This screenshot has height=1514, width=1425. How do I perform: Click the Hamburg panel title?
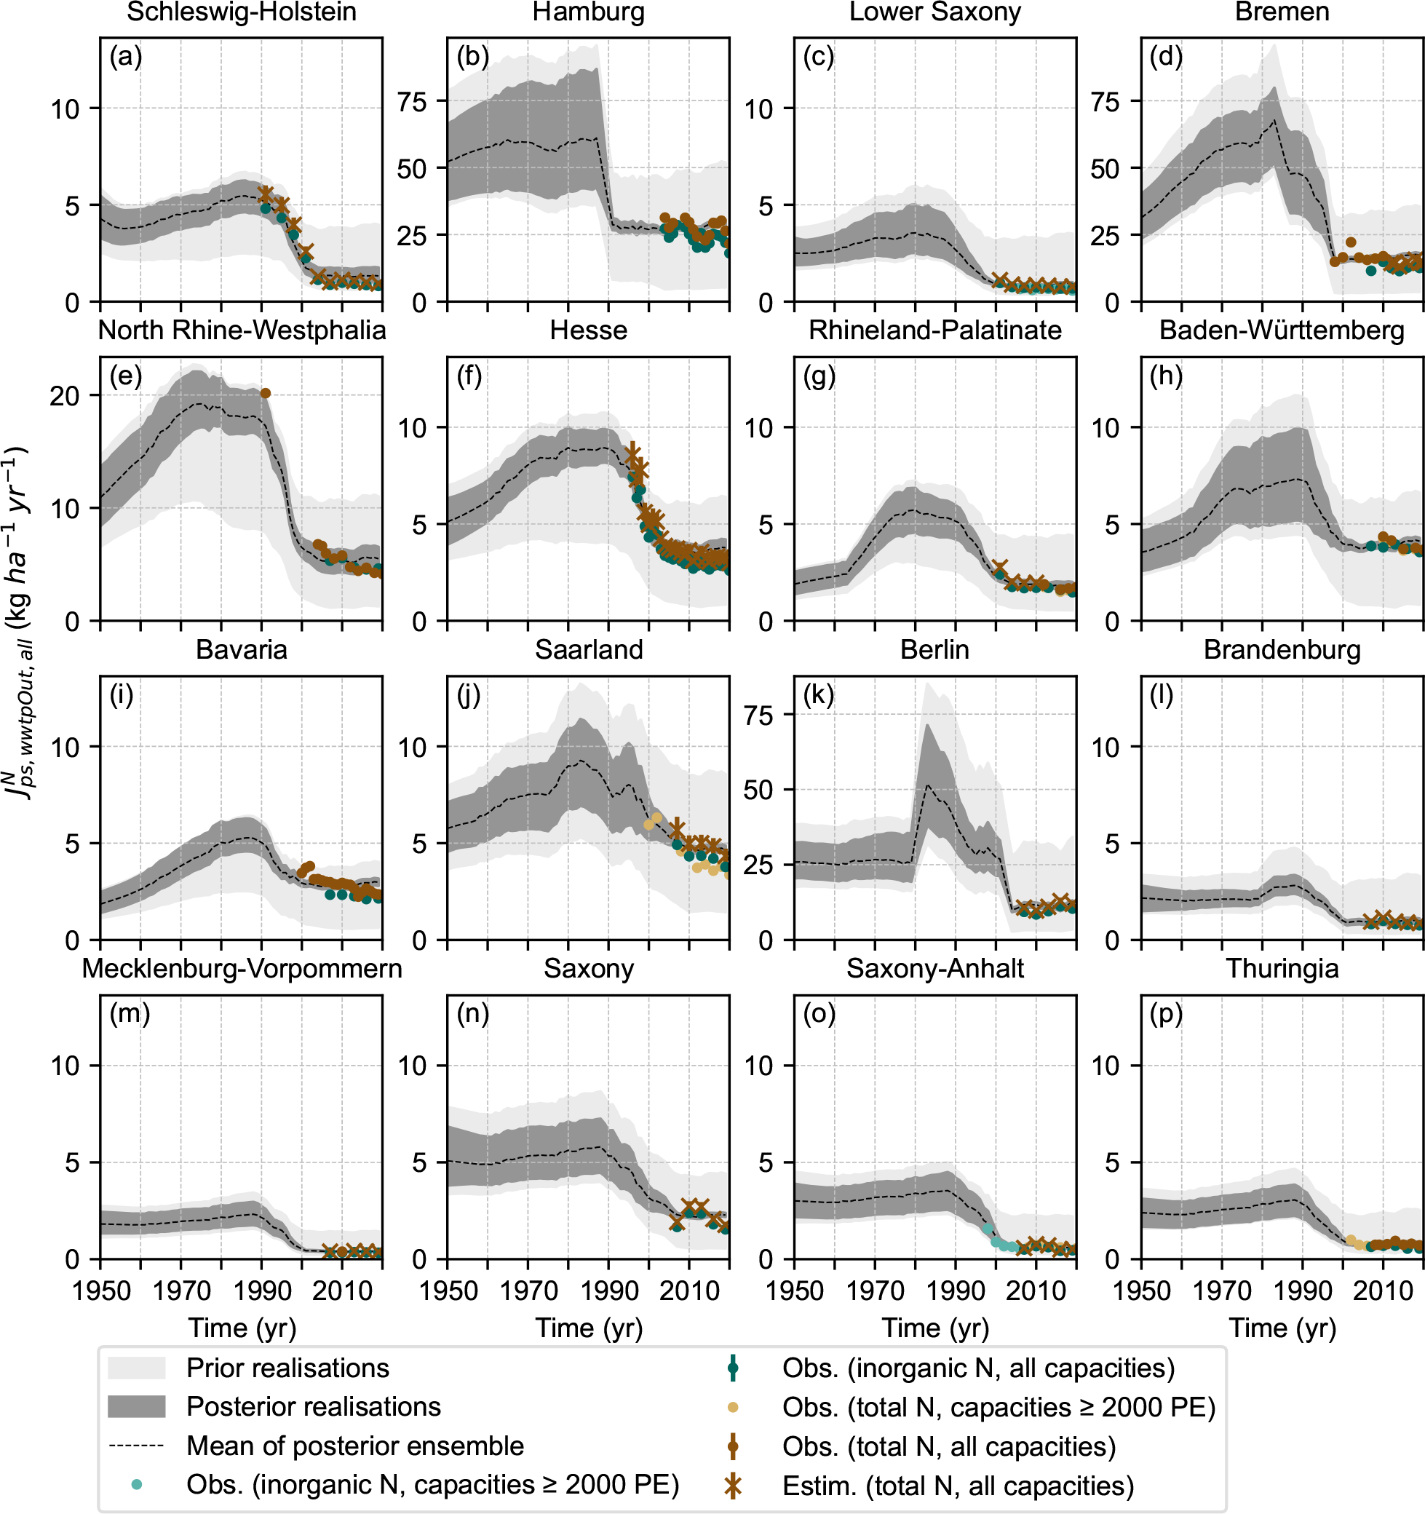[x=588, y=12]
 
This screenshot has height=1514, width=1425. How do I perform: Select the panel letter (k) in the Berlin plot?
[x=819, y=695]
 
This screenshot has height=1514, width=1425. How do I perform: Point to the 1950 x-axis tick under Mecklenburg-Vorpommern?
[x=100, y=1290]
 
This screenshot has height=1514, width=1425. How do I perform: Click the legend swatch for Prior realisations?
[x=136, y=1368]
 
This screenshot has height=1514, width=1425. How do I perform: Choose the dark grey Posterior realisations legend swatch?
[x=136, y=1406]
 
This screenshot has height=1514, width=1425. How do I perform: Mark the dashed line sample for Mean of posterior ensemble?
[x=136, y=1446]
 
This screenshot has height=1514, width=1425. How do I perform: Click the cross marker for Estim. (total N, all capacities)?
[x=733, y=1485]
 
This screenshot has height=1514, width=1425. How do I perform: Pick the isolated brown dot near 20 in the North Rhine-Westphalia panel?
[x=265, y=393]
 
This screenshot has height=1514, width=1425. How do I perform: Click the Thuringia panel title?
[x=1282, y=969]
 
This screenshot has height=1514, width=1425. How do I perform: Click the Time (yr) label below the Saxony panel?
[x=588, y=1328]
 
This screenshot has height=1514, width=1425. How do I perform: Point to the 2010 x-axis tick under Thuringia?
[x=1383, y=1290]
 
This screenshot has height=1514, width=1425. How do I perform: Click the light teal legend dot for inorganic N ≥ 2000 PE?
[x=136, y=1484]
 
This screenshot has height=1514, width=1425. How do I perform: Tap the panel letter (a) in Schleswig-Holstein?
[x=126, y=57]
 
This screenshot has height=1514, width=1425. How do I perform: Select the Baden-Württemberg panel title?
[x=1282, y=330]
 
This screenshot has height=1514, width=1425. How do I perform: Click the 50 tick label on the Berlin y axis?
[x=758, y=790]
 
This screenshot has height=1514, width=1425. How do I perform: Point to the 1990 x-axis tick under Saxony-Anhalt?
[x=955, y=1290]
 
